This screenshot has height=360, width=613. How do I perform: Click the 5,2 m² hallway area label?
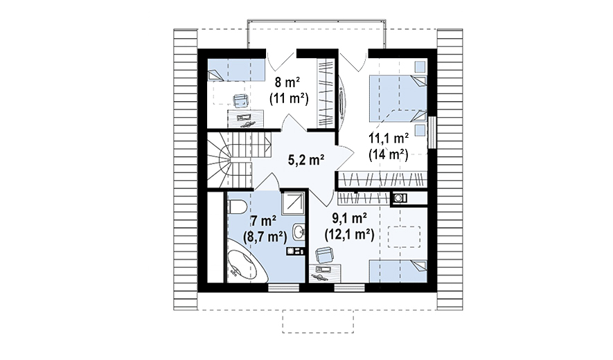coord(306,160)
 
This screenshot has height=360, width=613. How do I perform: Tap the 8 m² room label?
coord(287,82)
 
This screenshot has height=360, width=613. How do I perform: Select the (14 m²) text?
coord(388,155)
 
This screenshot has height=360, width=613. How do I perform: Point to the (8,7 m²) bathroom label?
coord(265,237)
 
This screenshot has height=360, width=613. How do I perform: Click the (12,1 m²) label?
coord(349,235)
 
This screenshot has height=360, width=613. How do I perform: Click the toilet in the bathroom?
coord(236,206)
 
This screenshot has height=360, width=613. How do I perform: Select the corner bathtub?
coord(247,266)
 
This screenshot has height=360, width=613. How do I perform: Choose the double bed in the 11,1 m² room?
coord(398,98)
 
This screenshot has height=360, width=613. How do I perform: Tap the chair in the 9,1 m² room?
coord(325,255)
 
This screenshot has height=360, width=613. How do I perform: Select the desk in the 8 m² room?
coord(245,119)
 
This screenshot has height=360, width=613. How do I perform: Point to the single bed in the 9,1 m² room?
coord(398,271)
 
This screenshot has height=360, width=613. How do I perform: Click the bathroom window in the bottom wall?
coord(283,288)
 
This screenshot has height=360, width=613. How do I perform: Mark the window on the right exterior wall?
coord(432,132)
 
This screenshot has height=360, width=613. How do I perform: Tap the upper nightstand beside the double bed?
coord(420,66)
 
